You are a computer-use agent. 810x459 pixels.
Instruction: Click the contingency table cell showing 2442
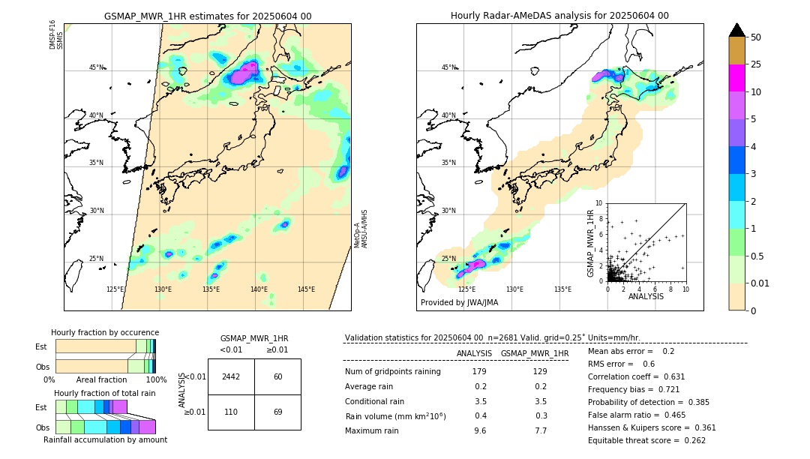point(231,376)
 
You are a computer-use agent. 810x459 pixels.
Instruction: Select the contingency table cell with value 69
point(277,412)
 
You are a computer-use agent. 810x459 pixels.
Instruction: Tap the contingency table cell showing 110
point(231,412)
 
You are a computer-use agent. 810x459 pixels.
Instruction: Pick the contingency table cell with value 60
point(277,376)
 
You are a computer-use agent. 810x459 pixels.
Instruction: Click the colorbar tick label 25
point(756,65)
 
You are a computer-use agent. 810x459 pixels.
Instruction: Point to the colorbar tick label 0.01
point(760,283)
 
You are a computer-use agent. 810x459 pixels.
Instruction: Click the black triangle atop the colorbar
point(737,30)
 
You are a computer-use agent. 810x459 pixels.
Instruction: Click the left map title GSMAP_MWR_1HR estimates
point(207,16)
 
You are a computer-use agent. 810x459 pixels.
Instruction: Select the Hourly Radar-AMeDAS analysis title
point(559,16)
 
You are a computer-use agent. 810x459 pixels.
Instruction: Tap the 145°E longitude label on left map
point(306,289)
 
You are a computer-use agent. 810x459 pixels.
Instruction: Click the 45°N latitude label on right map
point(448,67)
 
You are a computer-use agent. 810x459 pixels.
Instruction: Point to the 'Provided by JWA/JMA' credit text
point(459,303)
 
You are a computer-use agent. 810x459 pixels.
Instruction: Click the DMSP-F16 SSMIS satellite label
point(56,35)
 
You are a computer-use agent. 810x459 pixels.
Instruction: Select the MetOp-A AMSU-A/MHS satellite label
point(361,229)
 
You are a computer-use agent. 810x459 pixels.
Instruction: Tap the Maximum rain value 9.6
point(479,430)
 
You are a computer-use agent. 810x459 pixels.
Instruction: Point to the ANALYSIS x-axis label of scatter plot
point(646,297)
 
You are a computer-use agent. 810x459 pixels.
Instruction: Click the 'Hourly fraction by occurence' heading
point(105,332)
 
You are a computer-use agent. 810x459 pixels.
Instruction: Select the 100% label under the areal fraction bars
point(156,380)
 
